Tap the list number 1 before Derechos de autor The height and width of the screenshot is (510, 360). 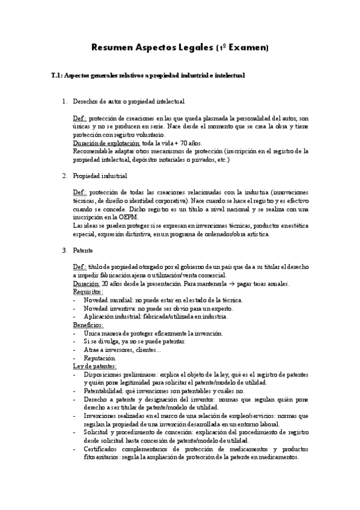pyautogui.click(x=64, y=102)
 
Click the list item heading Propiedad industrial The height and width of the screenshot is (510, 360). pyautogui.click(x=100, y=176)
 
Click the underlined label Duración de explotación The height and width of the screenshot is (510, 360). pyautogui.click(x=106, y=145)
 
